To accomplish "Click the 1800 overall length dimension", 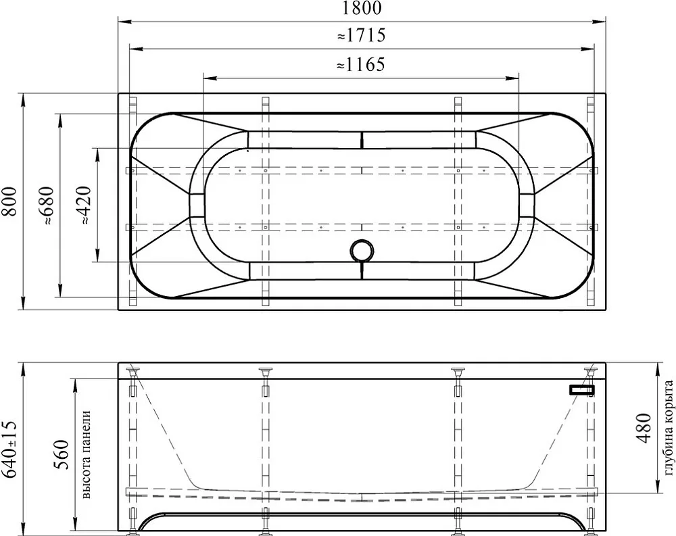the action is (362, 7).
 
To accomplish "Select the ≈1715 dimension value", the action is (361, 35).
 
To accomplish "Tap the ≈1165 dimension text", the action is (360, 65).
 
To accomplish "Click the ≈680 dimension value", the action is (47, 205).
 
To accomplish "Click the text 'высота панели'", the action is (86, 454).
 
